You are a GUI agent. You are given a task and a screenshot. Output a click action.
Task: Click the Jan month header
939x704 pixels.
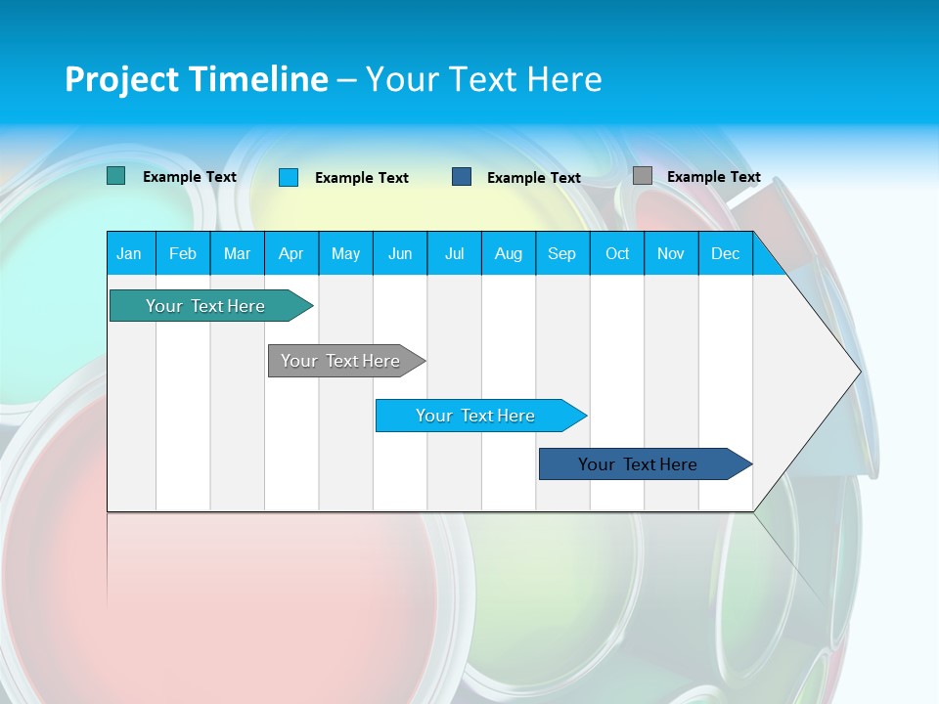[129, 253]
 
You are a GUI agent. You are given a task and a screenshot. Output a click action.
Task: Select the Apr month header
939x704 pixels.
[291, 253]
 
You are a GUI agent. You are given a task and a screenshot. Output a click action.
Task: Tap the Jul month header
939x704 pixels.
[454, 253]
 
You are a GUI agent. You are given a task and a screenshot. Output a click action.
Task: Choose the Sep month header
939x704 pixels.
[561, 253]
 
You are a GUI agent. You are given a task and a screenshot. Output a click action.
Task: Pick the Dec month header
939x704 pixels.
[725, 253]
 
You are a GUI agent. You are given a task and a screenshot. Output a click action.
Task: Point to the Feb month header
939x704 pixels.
[183, 253]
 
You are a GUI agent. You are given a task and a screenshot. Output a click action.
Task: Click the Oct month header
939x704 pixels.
[617, 253]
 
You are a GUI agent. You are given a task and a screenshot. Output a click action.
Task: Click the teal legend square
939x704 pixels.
[115, 176]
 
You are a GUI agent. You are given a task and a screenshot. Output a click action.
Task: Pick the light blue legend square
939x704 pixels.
[289, 177]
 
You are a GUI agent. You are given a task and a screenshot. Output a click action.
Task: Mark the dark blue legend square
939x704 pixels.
[462, 177]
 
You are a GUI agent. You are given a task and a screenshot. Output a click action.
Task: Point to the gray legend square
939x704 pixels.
[642, 176]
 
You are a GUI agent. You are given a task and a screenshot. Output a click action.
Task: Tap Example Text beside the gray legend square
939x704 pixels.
[713, 177]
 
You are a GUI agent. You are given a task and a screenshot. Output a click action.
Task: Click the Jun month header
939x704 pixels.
[400, 253]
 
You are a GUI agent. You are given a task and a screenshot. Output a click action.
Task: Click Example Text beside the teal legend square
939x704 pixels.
[189, 177]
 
